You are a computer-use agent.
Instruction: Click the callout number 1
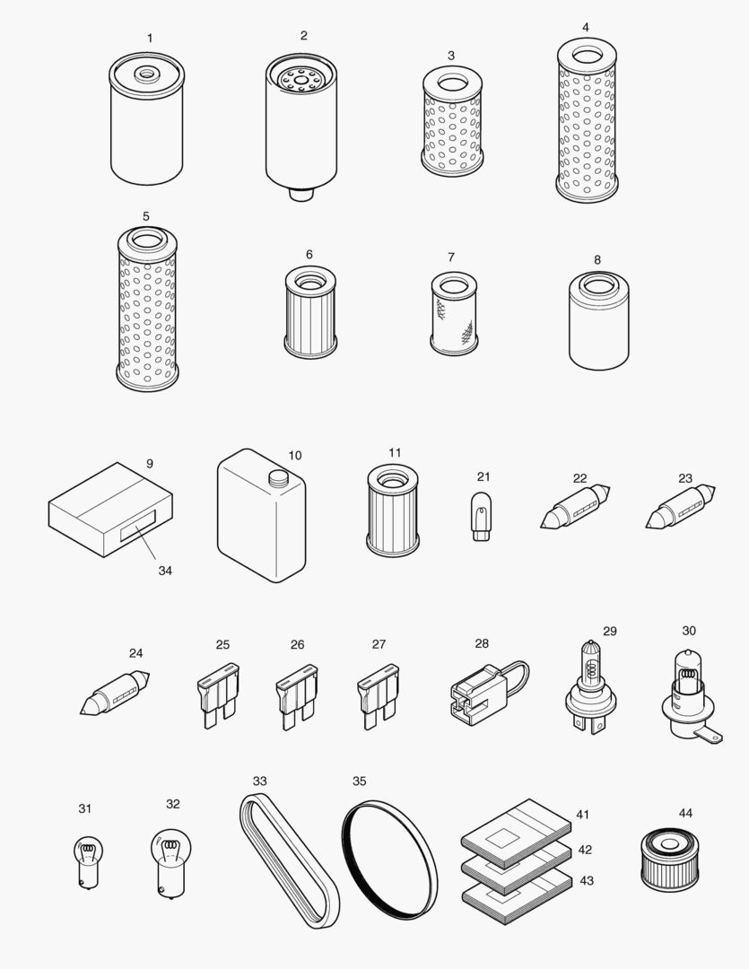(x=150, y=39)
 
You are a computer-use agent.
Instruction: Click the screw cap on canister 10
(x=276, y=479)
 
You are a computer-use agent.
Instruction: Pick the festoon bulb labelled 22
(x=575, y=507)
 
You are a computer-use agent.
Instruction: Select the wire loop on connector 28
(x=518, y=674)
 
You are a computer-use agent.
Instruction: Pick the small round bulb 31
(x=85, y=858)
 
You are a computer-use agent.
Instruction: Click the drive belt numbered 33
(x=289, y=860)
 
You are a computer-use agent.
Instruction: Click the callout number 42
(x=585, y=848)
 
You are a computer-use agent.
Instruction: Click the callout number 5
(x=145, y=216)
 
